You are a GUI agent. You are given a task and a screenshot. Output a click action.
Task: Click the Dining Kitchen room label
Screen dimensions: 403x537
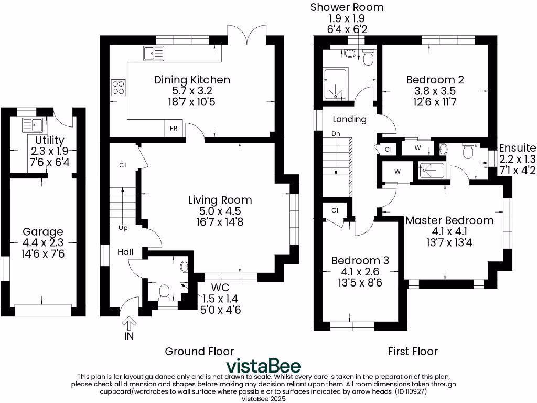pos(191,80)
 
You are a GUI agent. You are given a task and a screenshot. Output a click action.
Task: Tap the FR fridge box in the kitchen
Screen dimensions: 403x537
pos(173,129)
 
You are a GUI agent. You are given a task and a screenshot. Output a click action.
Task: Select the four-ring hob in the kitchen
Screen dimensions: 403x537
pos(118,87)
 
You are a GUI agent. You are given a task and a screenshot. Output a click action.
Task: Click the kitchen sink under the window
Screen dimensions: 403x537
pos(153,52)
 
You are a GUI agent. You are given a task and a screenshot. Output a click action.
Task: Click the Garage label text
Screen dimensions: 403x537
pos(42,231)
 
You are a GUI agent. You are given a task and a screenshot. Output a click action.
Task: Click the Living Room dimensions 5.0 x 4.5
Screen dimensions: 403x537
pos(220,211)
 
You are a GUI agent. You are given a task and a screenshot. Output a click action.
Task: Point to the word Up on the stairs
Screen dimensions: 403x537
pos(123,228)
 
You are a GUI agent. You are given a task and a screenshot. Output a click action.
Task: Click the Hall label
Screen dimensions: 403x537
pos(125,252)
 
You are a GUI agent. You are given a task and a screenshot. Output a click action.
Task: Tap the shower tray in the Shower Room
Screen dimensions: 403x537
pos(335,84)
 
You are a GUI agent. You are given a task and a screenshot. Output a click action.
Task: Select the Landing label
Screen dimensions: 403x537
pos(350,119)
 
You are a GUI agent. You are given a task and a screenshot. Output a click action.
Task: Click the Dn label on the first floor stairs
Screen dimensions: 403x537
pos(336,134)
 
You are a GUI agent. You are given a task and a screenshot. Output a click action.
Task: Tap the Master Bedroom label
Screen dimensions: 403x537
pos(449,220)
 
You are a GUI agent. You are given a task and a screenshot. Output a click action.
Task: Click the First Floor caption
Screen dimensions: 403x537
pos(412,351)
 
